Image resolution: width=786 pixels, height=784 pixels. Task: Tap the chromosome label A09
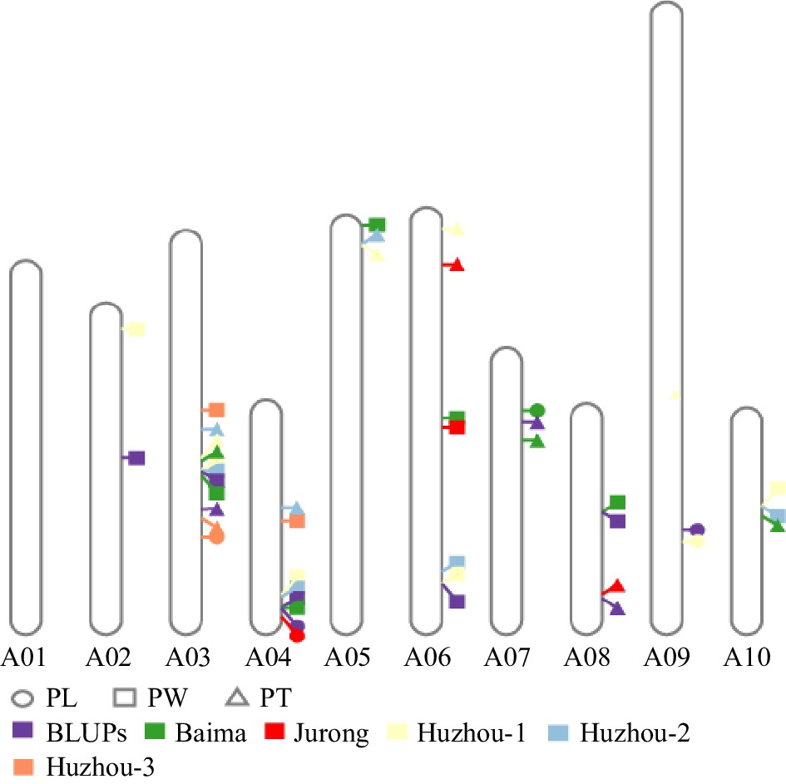coord(666,658)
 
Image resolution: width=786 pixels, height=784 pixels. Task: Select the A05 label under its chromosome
coord(346,658)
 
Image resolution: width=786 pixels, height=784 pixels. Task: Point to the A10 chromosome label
coord(746,658)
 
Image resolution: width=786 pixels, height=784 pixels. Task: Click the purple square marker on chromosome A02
coord(137,457)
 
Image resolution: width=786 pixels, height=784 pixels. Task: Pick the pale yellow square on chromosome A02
coord(137,329)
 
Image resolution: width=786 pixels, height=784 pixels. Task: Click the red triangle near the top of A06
coord(457,265)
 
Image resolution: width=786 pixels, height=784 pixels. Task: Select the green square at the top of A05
coord(378,224)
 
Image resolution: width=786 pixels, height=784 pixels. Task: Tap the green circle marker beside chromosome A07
coord(537,410)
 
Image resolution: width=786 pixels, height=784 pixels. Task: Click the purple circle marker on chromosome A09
coord(698,530)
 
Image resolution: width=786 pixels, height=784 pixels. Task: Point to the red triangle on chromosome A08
coord(616,586)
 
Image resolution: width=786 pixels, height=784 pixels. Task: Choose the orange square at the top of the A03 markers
coord(217,409)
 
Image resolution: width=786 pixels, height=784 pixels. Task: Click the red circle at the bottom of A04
coord(298,636)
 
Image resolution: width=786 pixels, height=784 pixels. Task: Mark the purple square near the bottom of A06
coord(457,600)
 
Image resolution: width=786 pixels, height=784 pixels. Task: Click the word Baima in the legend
coord(210,732)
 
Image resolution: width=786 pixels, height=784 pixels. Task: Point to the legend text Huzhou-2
coord(636,732)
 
